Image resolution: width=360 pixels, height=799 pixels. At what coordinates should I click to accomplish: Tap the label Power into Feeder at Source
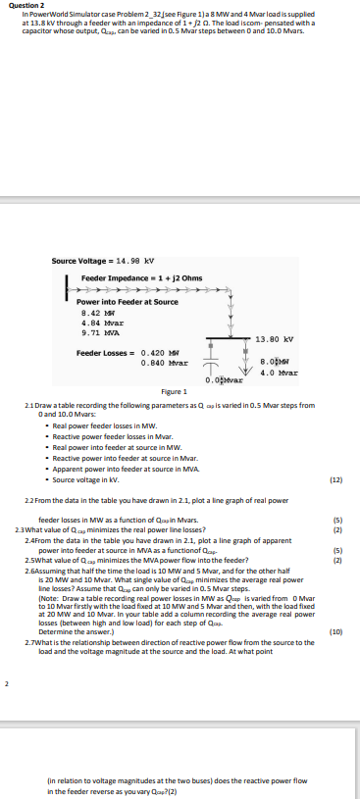(114, 302)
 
